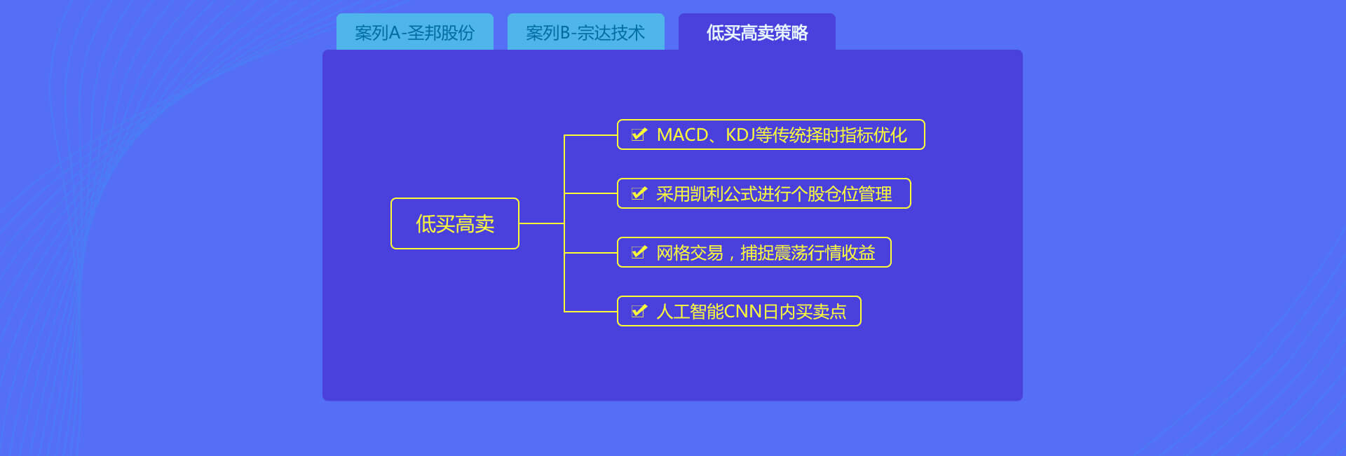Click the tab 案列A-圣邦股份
point(414,32)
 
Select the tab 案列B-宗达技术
point(585,32)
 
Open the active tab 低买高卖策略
point(756,32)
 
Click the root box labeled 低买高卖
point(454,223)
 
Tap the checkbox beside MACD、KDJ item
point(639,134)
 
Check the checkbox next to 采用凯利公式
point(639,193)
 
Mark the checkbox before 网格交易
point(639,252)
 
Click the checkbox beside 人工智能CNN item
point(639,311)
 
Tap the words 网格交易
point(690,253)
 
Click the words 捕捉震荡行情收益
point(808,253)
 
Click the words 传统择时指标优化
point(839,135)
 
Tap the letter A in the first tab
point(394,33)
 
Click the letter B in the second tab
point(565,33)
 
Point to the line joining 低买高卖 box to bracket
point(541,223)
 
